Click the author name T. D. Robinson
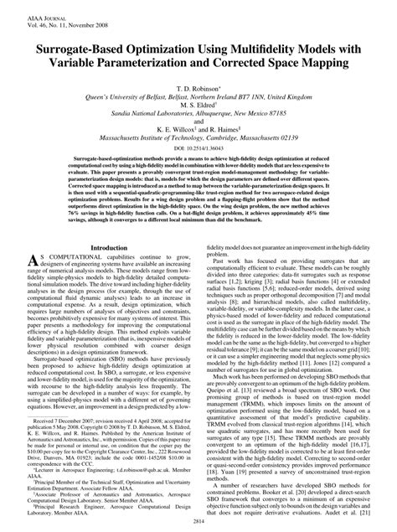pos(197,74)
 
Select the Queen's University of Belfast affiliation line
pos(198,85)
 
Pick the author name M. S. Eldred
pos(198,96)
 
